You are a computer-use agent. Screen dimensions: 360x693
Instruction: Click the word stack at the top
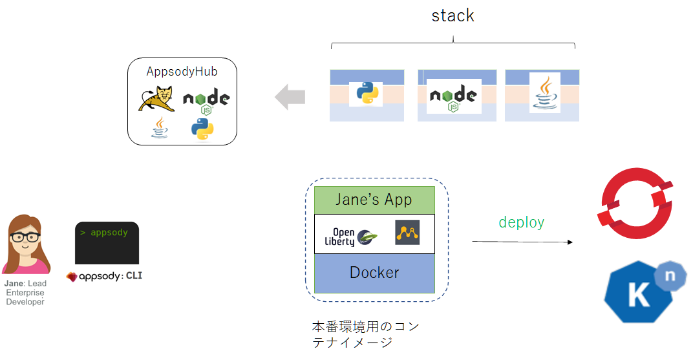453,16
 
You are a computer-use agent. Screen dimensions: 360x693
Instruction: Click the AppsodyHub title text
182,71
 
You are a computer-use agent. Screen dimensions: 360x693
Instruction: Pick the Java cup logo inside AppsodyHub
160,128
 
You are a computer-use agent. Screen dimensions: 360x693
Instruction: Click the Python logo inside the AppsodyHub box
202,129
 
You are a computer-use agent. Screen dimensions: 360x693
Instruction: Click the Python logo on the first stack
366,94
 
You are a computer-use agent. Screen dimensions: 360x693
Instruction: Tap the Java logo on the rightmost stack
544,92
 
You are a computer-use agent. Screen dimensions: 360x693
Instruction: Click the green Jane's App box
374,200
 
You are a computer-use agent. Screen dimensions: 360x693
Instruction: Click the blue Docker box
374,273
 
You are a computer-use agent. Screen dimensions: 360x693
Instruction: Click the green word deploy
521,222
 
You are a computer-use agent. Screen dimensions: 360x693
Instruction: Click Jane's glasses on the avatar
25,237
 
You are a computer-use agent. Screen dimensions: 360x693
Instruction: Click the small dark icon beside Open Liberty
407,232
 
